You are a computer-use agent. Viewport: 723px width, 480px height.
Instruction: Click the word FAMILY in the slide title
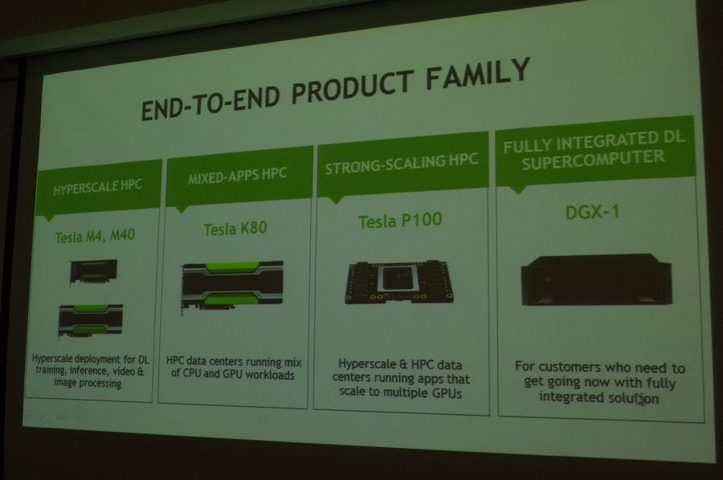(478, 75)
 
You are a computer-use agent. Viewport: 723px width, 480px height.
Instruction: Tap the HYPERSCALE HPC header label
(97, 187)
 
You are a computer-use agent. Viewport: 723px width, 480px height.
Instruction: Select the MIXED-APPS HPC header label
(238, 176)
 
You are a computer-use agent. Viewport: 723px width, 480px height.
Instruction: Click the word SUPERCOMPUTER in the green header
(594, 160)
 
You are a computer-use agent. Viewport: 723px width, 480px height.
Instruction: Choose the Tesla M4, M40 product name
(95, 236)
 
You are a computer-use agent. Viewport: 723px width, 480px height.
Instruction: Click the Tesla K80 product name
(235, 229)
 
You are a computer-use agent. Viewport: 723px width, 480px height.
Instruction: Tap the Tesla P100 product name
(400, 221)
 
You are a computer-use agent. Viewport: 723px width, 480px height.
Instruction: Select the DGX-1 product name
(593, 213)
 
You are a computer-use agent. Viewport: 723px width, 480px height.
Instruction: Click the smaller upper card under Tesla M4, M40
(93, 271)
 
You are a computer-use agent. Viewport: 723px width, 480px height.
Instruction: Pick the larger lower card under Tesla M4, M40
(90, 320)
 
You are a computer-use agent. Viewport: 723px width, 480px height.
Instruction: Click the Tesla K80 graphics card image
(232, 287)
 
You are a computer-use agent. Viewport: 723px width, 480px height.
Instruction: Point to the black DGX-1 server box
(596, 279)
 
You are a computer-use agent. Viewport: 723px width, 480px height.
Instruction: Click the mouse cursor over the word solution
(641, 401)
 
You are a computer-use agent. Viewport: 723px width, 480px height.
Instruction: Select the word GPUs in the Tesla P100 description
(447, 393)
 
